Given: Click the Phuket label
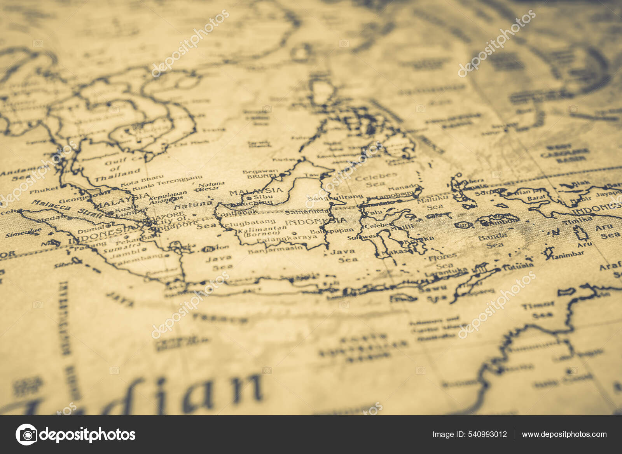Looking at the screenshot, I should (44, 191).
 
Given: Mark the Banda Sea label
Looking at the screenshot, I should (493, 240).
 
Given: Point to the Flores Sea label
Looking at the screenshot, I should (443, 261).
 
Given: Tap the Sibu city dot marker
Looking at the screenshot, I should (248, 198).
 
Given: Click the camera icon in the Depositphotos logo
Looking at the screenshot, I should (26, 434).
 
